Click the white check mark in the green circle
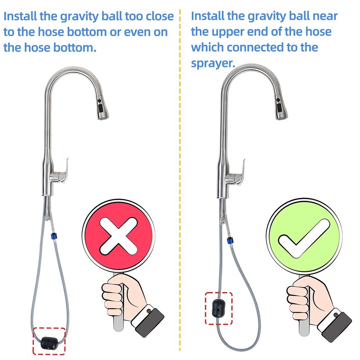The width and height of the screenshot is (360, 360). click(x=301, y=237)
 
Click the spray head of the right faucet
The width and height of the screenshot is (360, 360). click(x=279, y=108)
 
